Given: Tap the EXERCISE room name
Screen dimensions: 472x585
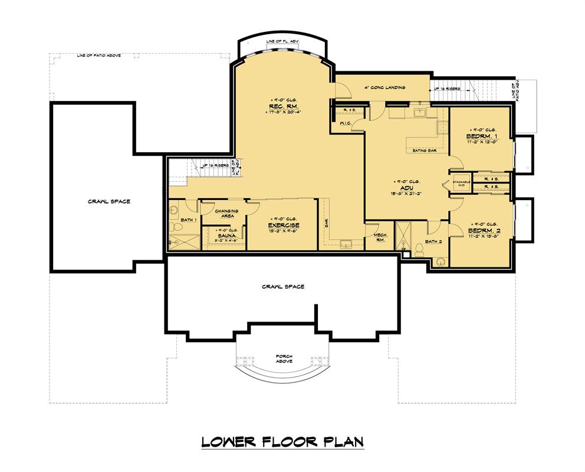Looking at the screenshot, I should (x=284, y=225).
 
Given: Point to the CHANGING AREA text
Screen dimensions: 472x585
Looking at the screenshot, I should (x=226, y=213).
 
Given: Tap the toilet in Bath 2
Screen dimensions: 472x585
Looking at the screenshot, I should (x=419, y=249).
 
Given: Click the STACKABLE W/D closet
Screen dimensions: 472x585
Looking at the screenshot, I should (x=462, y=183).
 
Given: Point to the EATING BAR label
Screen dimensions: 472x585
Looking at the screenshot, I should (x=425, y=150).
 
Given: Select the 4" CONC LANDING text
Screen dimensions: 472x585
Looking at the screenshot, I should (x=384, y=87).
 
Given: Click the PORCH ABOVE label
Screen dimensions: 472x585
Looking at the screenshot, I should (x=284, y=359).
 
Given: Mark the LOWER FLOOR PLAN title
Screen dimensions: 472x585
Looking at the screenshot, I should (x=282, y=441).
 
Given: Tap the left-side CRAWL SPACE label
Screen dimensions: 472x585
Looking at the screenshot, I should (x=109, y=201).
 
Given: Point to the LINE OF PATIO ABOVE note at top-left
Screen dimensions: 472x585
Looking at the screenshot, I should (x=99, y=56).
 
